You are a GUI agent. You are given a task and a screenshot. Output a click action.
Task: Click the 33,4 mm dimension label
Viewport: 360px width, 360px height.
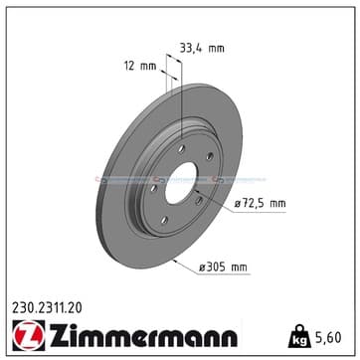[202, 49]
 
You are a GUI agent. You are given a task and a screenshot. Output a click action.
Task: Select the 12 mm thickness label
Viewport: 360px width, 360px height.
[140, 66]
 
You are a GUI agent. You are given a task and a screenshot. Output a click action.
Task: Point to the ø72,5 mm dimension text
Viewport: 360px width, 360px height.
[261, 203]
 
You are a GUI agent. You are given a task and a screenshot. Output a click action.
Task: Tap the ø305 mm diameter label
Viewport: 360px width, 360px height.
[223, 268]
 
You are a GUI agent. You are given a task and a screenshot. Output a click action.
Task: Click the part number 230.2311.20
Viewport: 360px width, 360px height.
[47, 309]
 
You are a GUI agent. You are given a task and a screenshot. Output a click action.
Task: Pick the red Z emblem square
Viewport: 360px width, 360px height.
[29, 335]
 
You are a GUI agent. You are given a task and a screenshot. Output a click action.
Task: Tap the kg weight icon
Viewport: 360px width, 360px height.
[299, 336]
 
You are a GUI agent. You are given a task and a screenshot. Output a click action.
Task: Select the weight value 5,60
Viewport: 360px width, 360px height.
[327, 337]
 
